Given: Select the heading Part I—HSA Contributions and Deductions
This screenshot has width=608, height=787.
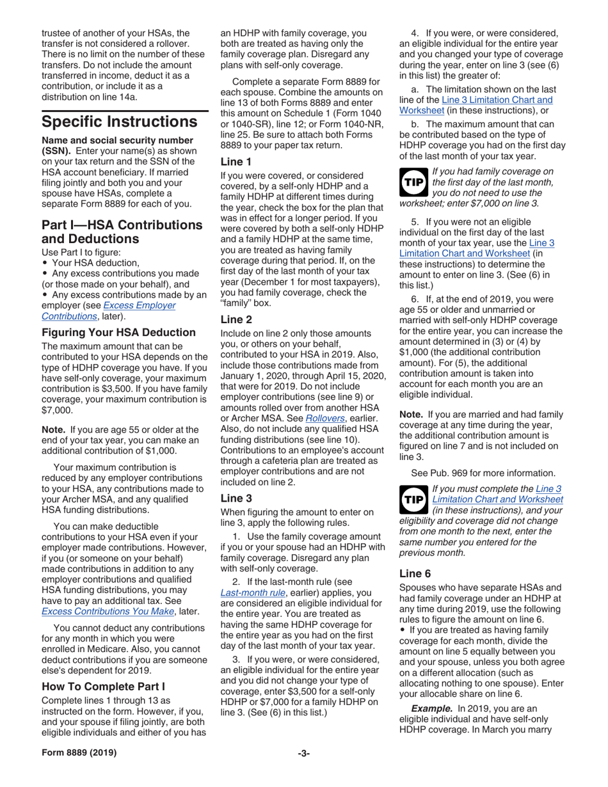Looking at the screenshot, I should (122, 232).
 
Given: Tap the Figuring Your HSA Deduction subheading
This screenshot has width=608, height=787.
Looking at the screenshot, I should (118, 332).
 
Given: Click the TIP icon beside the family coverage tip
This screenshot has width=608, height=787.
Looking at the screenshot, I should (412, 184).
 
